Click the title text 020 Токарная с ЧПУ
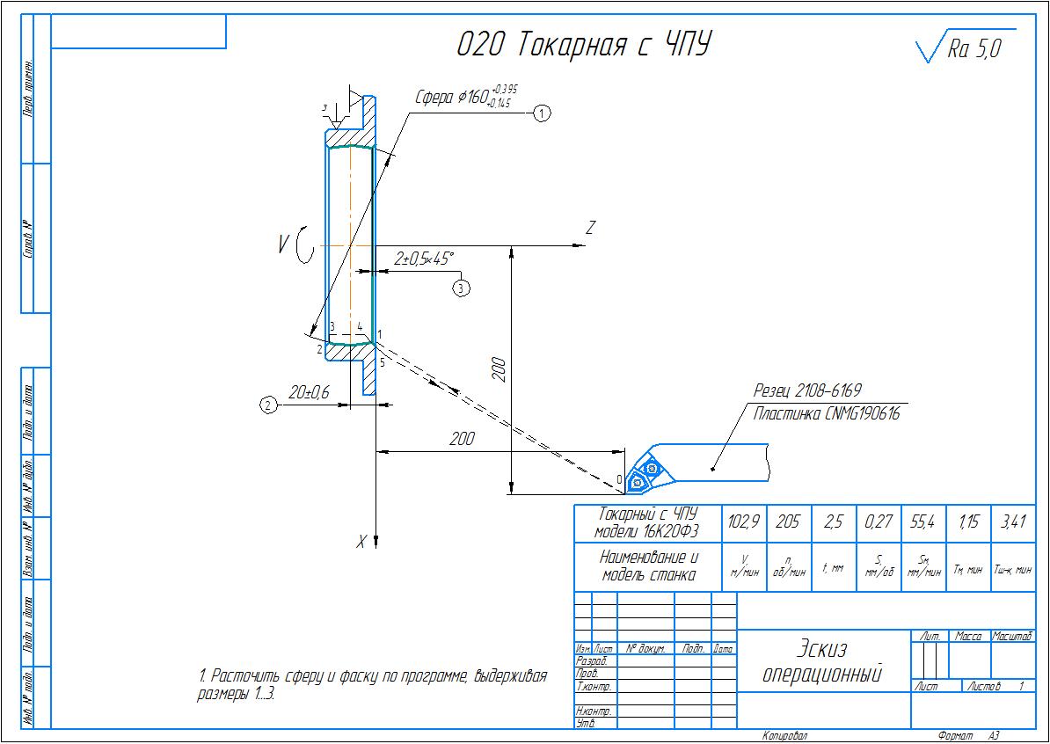[x=583, y=44]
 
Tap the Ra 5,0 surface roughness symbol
[x=964, y=48]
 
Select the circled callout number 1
[x=543, y=113]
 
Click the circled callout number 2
[x=268, y=405]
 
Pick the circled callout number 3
[x=462, y=287]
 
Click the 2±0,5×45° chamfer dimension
[x=423, y=259]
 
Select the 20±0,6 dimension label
[x=308, y=393]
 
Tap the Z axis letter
[x=591, y=229]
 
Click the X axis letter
[x=361, y=543]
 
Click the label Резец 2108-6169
[x=806, y=390]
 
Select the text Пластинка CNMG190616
[x=826, y=413]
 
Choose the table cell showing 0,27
[x=878, y=522]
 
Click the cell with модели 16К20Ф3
[x=646, y=531]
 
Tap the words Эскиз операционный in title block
[x=821, y=661]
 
